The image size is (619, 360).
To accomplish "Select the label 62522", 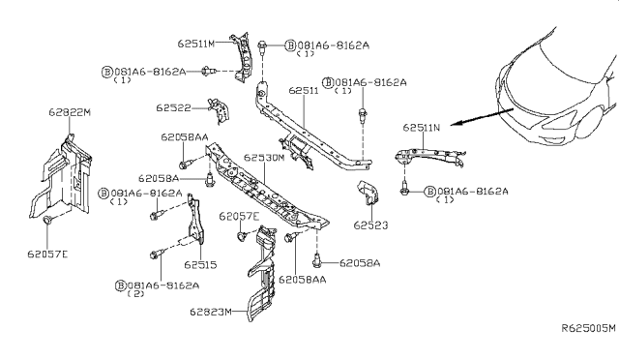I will pyautogui.click(x=174, y=107).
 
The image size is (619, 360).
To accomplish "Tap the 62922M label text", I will pyautogui.click(x=69, y=113).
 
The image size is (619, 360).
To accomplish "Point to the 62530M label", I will pyautogui.click(x=264, y=157).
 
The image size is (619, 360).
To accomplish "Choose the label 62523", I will pyautogui.click(x=369, y=225).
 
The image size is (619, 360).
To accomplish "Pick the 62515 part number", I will pyautogui.click(x=200, y=263).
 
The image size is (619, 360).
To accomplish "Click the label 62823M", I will pyautogui.click(x=210, y=312).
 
